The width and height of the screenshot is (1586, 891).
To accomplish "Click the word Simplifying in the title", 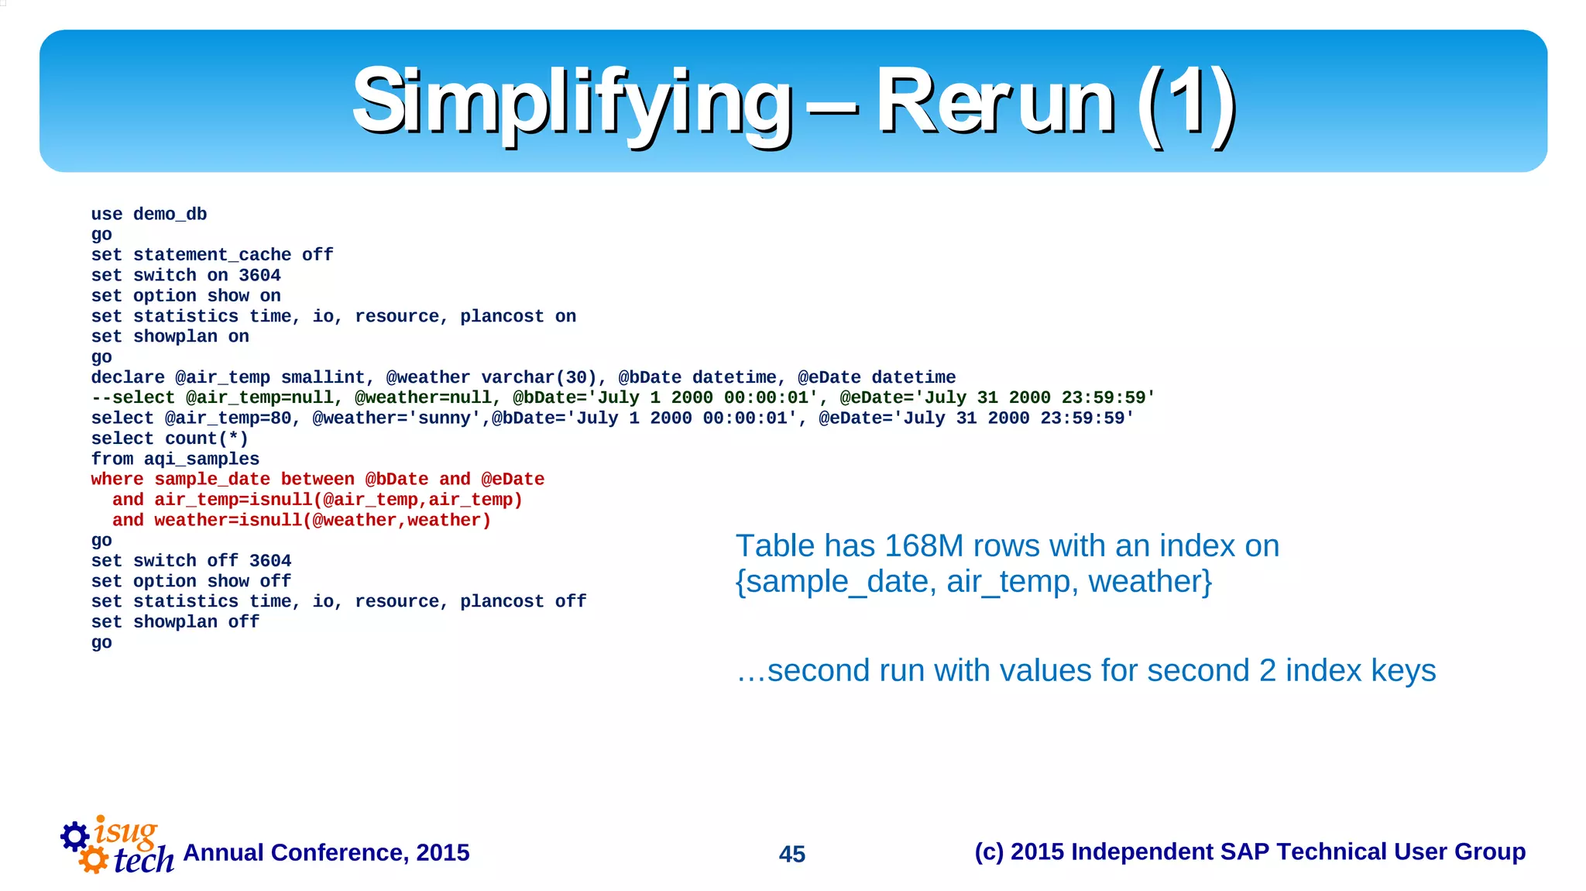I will pyautogui.click(x=572, y=102).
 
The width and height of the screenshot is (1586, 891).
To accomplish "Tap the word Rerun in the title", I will pyautogui.click(x=994, y=102).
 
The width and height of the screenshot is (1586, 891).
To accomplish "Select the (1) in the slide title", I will pyautogui.click(x=1186, y=102).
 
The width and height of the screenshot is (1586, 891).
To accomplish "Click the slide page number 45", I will pyautogui.click(x=791, y=854).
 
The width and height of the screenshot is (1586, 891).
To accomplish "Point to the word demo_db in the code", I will pyautogui.click(x=170, y=215).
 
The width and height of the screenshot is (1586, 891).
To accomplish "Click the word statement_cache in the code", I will pyautogui.click(x=212, y=255).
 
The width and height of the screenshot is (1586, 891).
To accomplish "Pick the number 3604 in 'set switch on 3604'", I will pyautogui.click(x=259, y=276).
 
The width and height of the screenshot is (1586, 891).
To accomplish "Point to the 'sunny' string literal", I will pyautogui.click(x=445, y=418).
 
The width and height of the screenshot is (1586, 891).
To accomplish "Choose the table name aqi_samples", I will pyautogui.click(x=201, y=459).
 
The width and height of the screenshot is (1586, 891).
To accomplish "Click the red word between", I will pyautogui.click(x=318, y=480).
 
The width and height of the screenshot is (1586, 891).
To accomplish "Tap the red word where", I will pyautogui.click(x=117, y=480).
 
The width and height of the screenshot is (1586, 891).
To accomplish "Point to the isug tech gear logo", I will pyautogui.click(x=116, y=846).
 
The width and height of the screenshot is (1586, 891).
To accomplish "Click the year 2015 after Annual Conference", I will pyautogui.click(x=442, y=853).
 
